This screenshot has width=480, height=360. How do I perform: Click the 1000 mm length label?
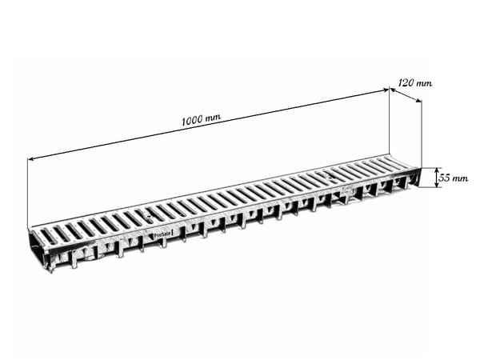point(201,120)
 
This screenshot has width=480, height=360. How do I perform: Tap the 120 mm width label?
point(415,83)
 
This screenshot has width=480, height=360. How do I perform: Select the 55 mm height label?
point(454,178)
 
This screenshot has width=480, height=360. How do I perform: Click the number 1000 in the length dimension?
point(192,121)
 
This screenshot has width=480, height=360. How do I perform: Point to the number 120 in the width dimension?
point(406,82)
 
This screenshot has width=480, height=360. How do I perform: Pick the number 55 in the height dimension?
point(444,178)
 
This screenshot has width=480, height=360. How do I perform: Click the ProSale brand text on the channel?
point(162,234)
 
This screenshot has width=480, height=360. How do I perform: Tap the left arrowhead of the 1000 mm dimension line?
point(30,159)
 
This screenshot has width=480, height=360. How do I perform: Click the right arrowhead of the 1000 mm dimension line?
point(386,90)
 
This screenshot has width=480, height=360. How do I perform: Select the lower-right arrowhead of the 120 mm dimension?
point(418,101)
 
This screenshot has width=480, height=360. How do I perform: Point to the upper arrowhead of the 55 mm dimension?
point(437,171)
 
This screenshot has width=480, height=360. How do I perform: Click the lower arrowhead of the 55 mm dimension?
point(437,184)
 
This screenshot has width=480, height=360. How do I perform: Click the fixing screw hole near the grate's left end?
point(149,216)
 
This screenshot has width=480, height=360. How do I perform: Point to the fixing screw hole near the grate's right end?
point(330,178)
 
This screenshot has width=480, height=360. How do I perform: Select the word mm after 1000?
point(213,118)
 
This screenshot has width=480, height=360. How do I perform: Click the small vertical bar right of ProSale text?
point(173,233)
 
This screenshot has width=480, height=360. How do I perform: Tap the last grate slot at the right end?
point(397,162)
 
